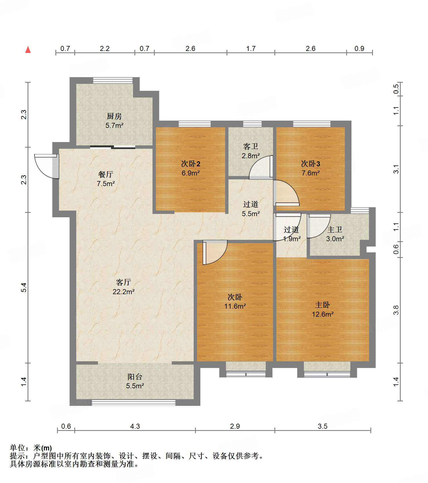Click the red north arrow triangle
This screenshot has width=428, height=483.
pos(28,50)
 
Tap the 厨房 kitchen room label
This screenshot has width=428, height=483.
pos(114,116)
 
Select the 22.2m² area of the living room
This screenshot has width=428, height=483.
pos(124,292)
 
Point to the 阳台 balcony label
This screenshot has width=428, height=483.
pos(135,377)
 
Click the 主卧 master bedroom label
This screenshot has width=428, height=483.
pos(323,305)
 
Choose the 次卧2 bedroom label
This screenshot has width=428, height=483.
pos(191,164)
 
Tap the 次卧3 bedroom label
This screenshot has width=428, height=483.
pos(311,164)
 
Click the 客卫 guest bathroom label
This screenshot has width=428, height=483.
pos(251,147)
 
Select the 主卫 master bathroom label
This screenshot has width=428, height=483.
pos(335,230)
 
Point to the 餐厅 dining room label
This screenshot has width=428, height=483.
pos(106,174)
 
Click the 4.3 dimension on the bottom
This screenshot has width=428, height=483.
pos(135,426)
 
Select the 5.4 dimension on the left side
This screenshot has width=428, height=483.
pos(24,287)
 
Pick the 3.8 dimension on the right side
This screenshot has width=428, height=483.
pos(396,310)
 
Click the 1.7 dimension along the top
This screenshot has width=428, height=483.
pos(251,48)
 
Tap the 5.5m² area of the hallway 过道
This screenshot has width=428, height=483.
pos(251,214)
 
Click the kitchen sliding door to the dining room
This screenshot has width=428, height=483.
pos(113,147)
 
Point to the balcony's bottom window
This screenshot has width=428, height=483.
pos(134,402)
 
